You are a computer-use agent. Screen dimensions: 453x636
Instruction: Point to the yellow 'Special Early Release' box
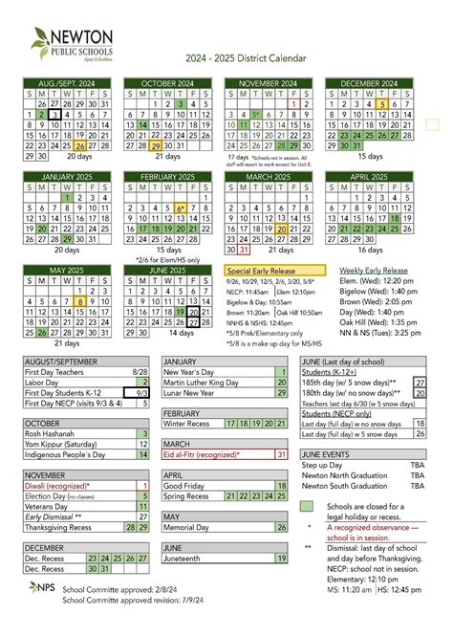(275, 271)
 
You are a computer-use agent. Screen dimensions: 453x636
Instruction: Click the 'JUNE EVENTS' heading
(324, 454)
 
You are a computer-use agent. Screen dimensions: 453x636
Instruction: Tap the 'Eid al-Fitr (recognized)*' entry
(202, 454)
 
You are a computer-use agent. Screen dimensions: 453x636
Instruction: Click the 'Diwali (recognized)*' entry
(53, 485)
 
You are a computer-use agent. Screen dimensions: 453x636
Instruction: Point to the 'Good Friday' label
(186, 485)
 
